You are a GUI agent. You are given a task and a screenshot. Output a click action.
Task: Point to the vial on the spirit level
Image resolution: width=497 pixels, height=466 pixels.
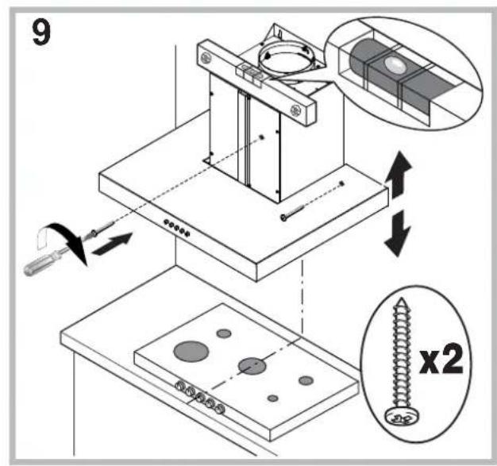point(252,73)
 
